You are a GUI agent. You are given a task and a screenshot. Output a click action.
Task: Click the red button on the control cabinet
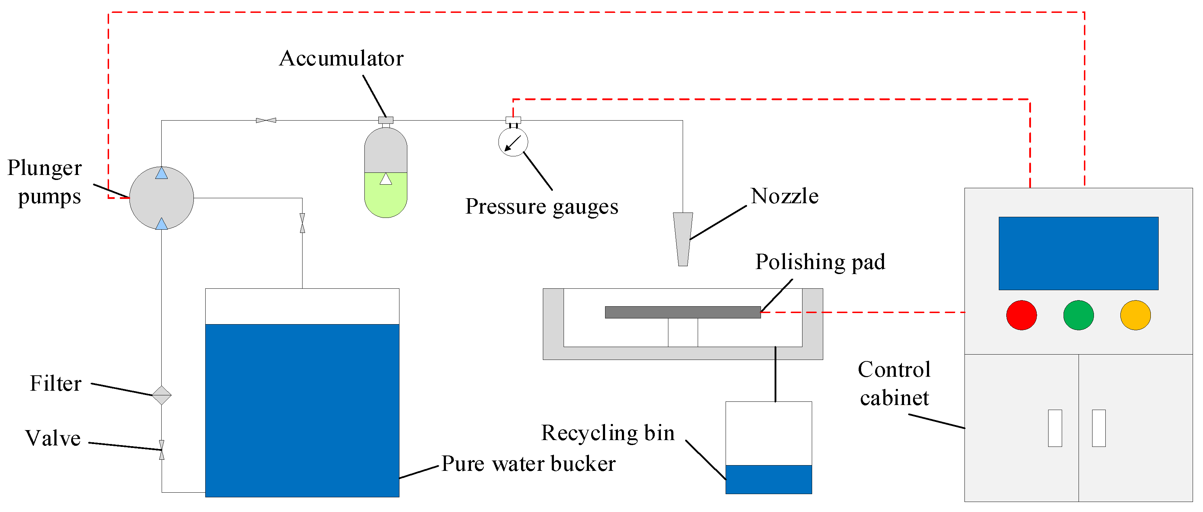pos(1021,315)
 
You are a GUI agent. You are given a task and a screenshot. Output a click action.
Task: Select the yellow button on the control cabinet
pos(1135,315)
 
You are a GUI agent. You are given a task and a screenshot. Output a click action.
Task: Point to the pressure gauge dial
pos(513,142)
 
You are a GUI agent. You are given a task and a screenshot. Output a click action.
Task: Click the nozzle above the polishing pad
pos(683,239)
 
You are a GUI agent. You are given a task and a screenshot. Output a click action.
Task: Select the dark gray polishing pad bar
pos(683,312)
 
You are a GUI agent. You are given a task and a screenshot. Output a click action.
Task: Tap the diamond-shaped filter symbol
pos(162,395)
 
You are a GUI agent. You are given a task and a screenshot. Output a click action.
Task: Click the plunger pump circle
pos(162,198)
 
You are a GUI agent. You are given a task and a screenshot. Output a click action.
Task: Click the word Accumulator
pos(342,58)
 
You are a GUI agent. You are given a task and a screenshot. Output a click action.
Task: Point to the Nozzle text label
pos(785,196)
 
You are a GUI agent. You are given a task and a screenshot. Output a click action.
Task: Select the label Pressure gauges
pos(542,206)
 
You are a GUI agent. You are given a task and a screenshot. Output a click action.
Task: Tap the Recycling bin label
pos(608,433)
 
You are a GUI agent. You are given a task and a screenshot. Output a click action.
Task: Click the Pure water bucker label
pos(528,463)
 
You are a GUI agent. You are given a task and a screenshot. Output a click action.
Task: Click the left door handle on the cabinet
pos(1055,428)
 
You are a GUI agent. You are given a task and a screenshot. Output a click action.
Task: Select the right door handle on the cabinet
pos(1099,428)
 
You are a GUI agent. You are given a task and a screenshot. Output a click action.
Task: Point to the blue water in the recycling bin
pos(769,479)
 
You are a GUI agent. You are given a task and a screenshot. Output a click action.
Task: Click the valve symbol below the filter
pos(162,450)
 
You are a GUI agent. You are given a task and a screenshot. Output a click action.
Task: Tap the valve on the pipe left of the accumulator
pos(266,121)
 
